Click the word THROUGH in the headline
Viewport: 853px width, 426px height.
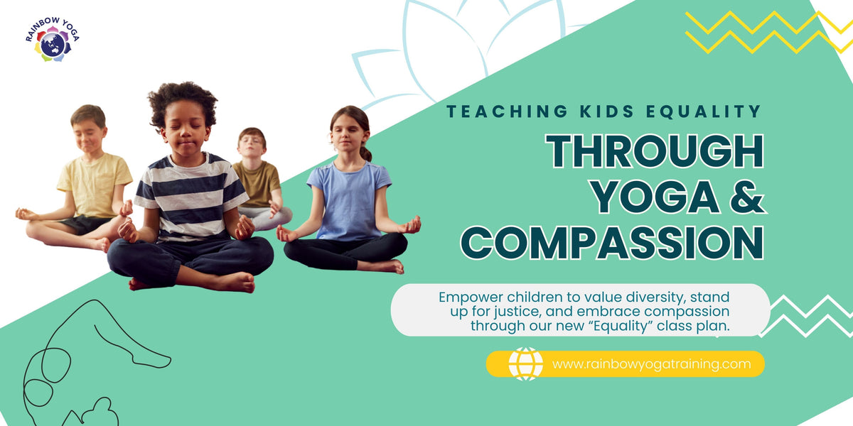tap(655, 151)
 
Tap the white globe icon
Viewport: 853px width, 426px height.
tap(525, 364)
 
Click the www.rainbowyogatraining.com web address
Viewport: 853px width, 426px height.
tap(651, 364)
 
